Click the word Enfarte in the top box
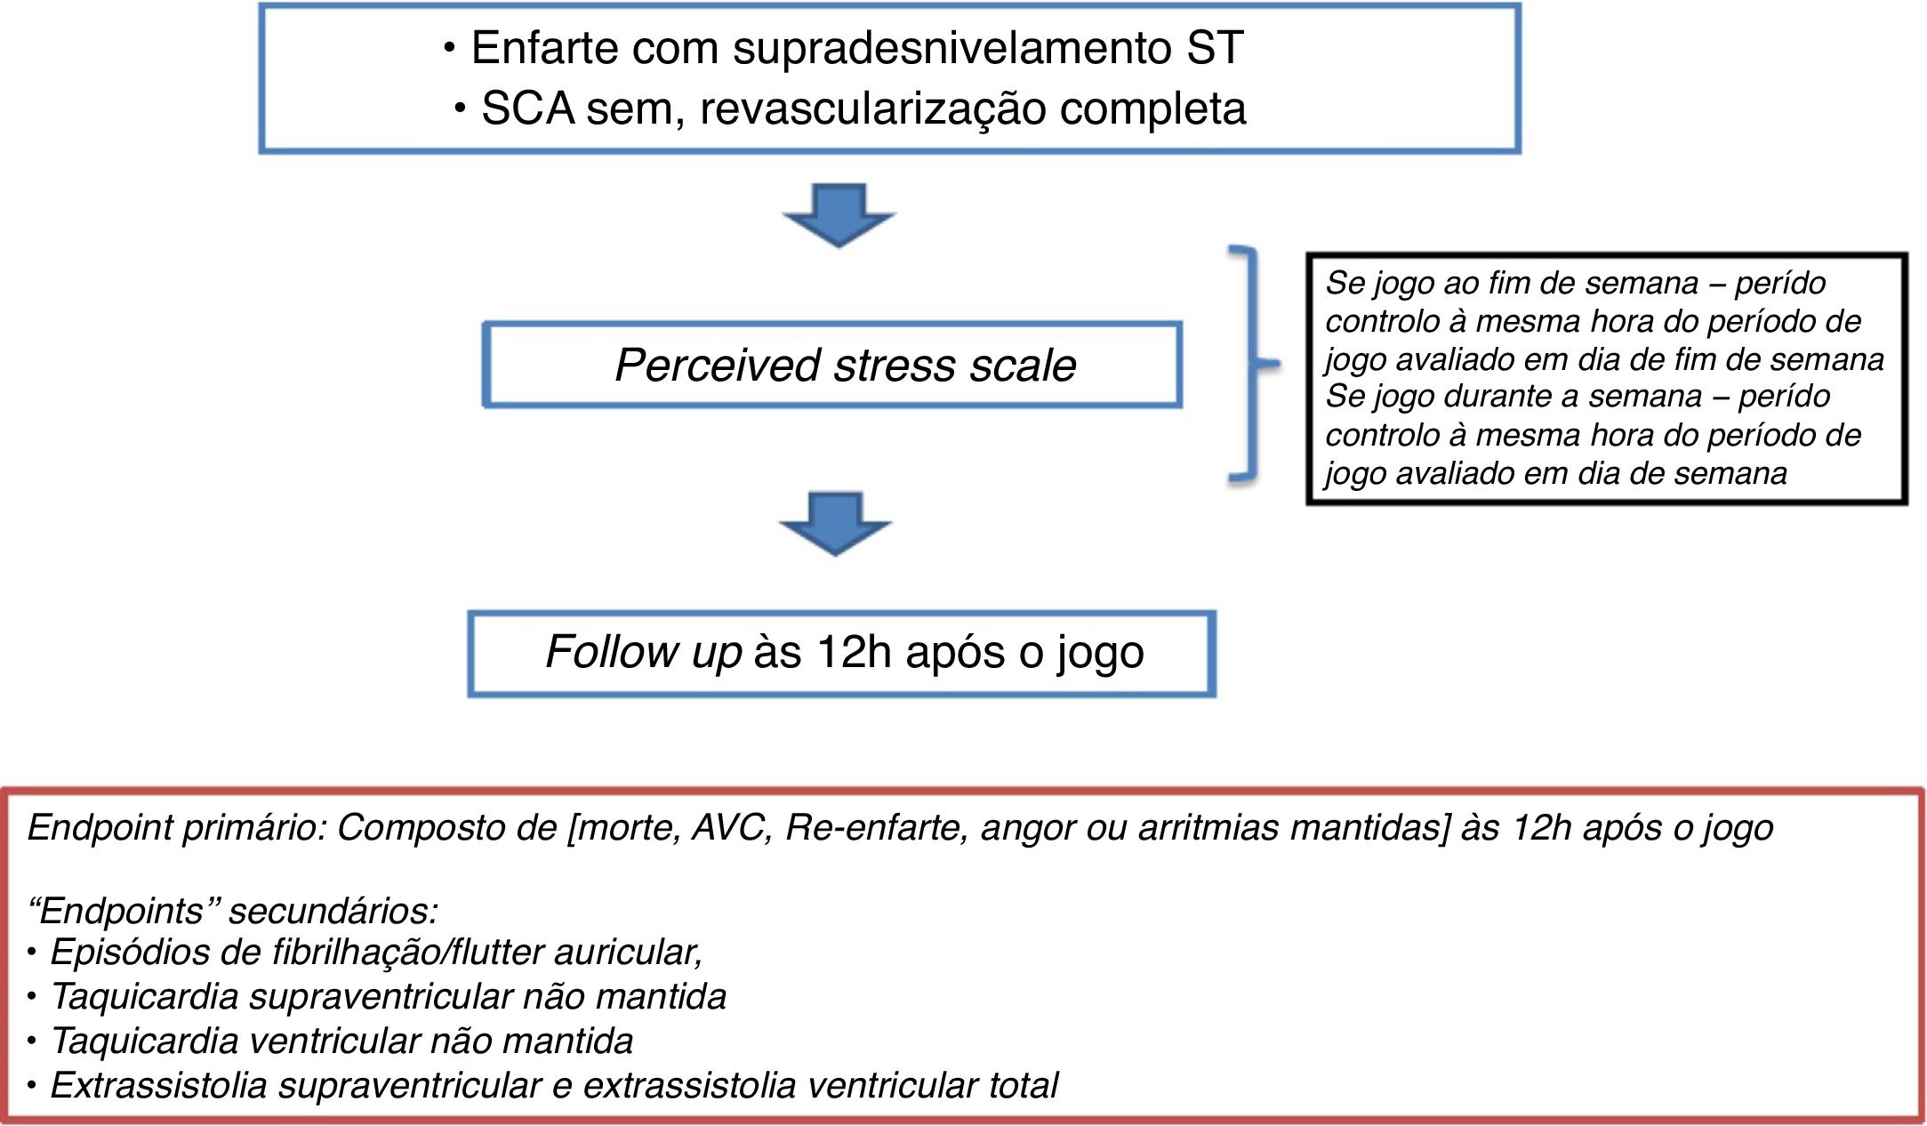pos(544,48)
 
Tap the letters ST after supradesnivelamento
pos(1214,48)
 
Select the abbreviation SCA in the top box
pos(528,109)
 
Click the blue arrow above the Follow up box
pos(835,523)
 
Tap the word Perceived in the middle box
pos(717,366)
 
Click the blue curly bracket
pos(1253,364)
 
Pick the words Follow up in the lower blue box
pos(643,652)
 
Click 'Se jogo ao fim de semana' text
pos(1512,284)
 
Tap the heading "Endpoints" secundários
pos(233,912)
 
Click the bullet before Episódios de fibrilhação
pos(32,953)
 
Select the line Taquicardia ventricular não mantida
pos(342,1042)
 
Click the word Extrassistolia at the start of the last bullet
pos(158,1086)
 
